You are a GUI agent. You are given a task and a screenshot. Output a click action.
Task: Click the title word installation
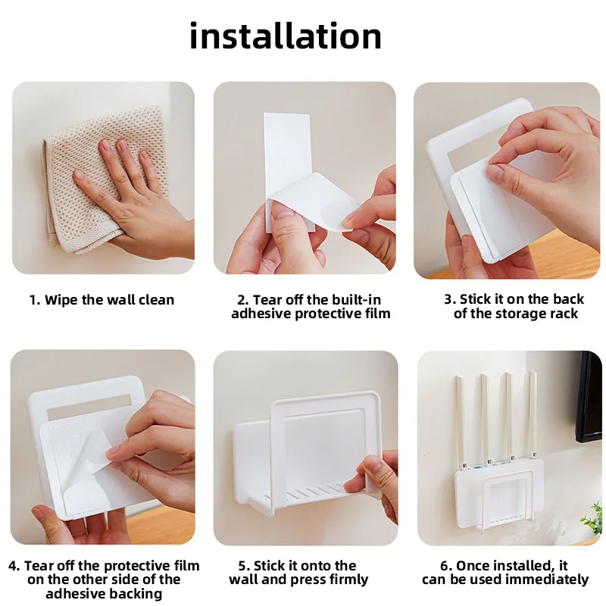point(286,36)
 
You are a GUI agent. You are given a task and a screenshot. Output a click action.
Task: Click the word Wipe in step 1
point(61,300)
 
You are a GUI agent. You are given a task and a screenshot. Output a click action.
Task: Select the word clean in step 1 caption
point(157,300)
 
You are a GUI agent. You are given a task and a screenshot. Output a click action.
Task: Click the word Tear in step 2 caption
point(267,300)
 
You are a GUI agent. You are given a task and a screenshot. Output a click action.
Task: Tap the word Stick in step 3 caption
point(474,299)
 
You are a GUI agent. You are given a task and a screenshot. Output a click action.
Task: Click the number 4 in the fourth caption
point(13,566)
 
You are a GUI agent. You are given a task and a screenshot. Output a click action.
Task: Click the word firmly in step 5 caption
point(349,579)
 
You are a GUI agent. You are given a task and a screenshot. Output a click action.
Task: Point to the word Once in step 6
point(472,566)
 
